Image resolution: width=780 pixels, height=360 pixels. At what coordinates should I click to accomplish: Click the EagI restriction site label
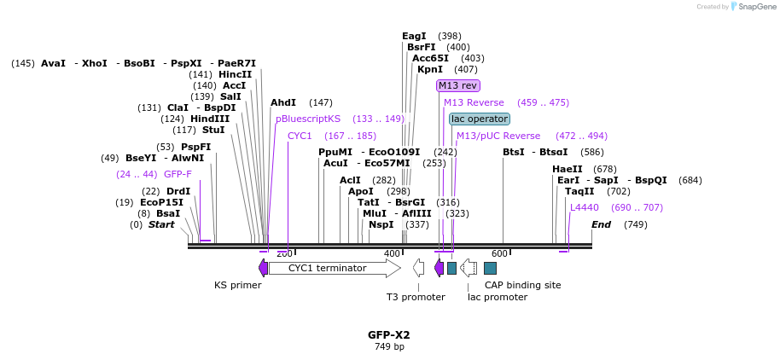pos(414,36)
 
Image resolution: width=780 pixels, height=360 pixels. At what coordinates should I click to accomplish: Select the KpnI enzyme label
pos(430,69)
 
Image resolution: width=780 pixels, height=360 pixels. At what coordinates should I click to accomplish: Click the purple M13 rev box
pos(457,85)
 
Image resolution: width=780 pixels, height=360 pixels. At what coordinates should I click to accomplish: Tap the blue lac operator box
pos(480,119)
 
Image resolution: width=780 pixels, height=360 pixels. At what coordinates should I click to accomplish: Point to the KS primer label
pos(237,285)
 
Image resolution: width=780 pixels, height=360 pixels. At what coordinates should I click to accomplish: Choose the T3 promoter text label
pos(416,297)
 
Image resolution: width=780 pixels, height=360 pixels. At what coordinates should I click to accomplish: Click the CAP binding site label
pos(522,285)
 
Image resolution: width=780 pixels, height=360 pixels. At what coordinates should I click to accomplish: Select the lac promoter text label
pos(498,297)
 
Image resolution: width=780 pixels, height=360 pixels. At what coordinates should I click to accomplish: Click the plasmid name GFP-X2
pos(389,335)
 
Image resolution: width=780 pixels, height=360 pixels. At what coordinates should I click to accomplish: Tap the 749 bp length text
pos(389,347)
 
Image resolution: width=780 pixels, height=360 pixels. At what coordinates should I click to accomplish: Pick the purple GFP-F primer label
pos(178,174)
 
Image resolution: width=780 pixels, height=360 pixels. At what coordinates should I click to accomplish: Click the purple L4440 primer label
pos(585,207)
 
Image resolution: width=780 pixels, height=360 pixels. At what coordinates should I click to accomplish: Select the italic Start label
pos(161,224)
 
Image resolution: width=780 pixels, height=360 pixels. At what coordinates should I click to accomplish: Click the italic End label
pos(601,224)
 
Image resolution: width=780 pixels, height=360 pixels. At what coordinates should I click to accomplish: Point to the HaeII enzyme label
pos(567,169)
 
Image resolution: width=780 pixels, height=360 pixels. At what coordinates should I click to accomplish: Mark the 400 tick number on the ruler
pos(392,253)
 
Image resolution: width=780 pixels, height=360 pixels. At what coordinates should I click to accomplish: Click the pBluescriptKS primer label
pos(308,119)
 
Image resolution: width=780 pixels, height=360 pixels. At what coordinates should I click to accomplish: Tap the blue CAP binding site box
pos(490,268)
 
